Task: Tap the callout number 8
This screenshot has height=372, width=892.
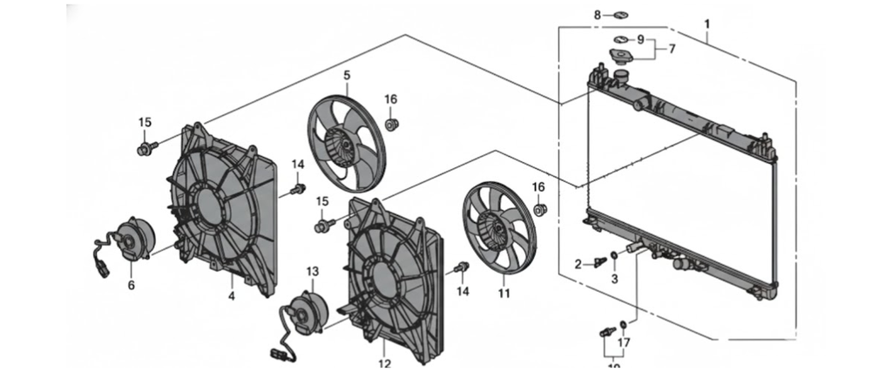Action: [598, 15]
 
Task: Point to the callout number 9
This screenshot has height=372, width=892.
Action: [640, 40]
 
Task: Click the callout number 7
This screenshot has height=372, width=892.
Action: [672, 49]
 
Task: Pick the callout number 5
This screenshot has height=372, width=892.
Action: [346, 76]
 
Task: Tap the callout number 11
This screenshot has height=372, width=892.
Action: [503, 294]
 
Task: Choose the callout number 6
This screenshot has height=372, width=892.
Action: [132, 284]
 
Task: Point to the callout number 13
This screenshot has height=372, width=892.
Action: [313, 272]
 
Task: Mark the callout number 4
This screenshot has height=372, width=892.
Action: [232, 296]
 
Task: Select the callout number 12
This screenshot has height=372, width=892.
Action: [384, 363]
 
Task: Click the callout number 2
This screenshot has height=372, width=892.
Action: [578, 263]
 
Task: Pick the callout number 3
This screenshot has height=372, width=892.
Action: [613, 279]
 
